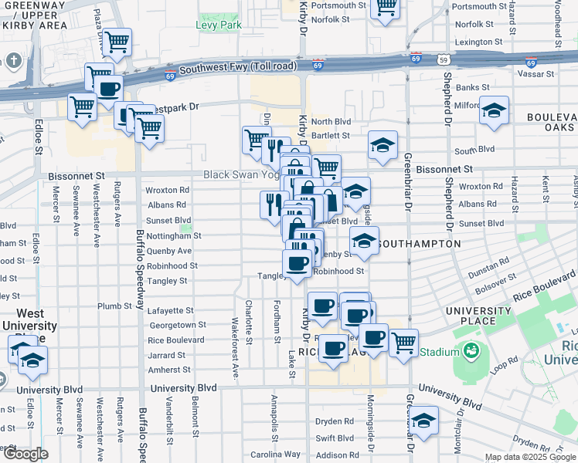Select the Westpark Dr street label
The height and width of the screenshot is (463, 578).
[175, 108]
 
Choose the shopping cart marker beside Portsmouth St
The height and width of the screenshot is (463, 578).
[385, 8]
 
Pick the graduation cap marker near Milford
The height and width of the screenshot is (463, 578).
[494, 110]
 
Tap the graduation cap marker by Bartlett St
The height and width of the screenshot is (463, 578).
[382, 144]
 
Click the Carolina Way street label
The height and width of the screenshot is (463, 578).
[280, 453]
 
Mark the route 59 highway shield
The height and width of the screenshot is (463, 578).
[442, 59]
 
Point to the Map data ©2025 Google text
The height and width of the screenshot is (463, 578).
[529, 457]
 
